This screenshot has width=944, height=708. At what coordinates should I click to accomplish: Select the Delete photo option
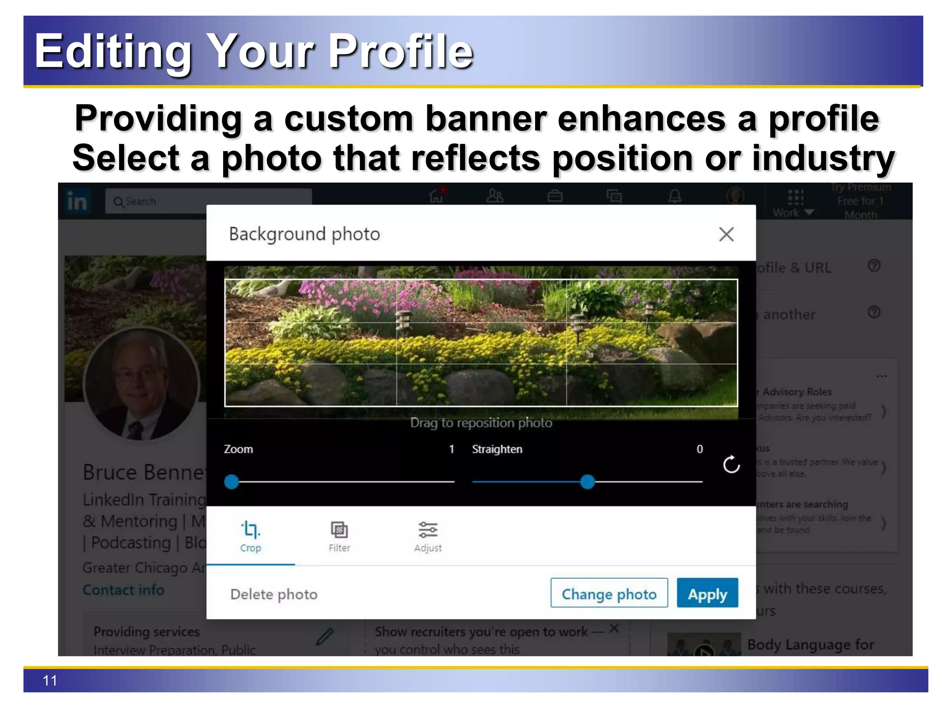(274, 594)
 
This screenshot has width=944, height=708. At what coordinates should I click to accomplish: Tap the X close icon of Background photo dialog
(726, 234)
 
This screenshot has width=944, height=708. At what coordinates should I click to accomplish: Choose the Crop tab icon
(250, 530)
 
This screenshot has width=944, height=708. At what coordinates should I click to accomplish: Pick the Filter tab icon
(339, 530)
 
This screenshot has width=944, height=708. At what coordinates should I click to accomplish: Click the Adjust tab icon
(428, 530)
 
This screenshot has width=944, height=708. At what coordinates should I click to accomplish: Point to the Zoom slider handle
(231, 482)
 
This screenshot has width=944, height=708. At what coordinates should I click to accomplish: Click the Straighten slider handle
(587, 482)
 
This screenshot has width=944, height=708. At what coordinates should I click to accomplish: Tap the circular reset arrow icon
(731, 465)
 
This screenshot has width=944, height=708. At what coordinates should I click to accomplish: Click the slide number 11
(50, 680)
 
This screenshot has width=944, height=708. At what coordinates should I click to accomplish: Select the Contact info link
(123, 590)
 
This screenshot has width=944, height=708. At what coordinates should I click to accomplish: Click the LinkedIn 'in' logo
(77, 201)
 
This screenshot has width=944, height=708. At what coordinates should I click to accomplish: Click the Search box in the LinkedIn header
(207, 201)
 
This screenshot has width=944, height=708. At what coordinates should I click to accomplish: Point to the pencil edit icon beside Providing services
(324, 636)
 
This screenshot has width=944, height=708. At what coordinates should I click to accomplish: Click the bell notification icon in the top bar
(675, 196)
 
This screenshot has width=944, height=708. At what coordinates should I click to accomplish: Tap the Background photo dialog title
(304, 234)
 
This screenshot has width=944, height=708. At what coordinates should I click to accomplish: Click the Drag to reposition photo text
(481, 423)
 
